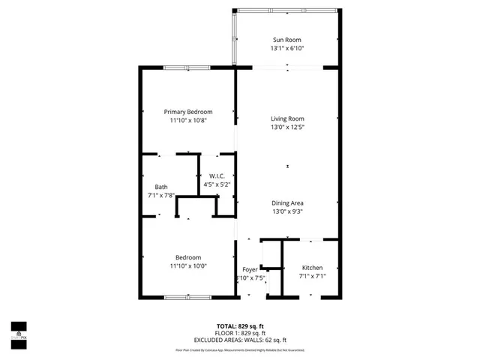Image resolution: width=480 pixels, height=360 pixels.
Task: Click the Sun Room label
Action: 287,39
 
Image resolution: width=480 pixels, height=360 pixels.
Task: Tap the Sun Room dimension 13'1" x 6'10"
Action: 287,48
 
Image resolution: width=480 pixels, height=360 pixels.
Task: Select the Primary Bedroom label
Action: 188,112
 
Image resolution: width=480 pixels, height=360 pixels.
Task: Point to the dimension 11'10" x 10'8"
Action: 188,120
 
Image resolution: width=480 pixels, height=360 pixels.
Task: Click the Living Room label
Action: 287,118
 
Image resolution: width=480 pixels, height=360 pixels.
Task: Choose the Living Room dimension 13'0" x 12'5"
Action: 287,127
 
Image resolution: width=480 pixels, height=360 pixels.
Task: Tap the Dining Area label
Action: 287,203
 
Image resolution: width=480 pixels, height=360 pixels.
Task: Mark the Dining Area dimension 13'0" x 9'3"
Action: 287,211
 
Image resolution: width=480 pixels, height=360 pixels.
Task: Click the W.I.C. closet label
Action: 217,175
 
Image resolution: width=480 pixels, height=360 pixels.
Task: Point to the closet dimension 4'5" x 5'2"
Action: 217,184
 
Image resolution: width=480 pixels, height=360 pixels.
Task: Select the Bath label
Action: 161,187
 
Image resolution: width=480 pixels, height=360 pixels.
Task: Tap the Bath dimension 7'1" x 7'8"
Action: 161,195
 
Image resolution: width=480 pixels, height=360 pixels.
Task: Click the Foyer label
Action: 250,269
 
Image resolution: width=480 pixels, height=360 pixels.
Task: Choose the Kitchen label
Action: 312,268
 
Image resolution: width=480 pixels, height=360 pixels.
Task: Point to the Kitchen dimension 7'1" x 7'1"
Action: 312,276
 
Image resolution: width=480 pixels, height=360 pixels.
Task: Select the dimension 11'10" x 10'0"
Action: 188,265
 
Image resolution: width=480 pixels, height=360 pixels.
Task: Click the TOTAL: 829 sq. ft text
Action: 239,326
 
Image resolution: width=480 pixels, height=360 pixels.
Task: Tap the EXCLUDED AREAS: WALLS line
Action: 239,340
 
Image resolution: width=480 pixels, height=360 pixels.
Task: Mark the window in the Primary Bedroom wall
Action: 187,67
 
